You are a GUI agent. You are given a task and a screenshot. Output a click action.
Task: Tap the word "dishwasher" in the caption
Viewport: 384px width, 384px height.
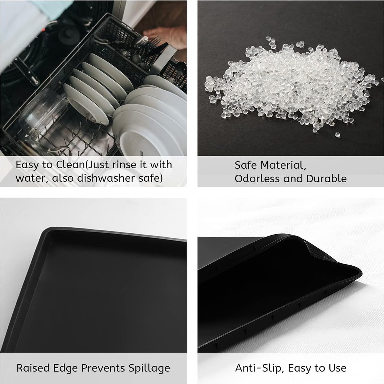(106, 178)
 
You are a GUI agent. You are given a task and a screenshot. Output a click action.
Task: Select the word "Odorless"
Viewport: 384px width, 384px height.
(258, 179)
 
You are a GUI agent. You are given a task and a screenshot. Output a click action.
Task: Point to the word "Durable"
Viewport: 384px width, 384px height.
(326, 179)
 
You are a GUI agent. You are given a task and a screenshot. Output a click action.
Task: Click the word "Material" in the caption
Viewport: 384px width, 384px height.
(283, 165)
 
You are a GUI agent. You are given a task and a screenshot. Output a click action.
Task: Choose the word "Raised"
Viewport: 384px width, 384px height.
(33, 368)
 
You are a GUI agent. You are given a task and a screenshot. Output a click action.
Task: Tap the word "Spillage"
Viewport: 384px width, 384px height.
(149, 368)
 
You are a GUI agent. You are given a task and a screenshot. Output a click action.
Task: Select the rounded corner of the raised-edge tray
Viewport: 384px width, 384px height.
(48, 232)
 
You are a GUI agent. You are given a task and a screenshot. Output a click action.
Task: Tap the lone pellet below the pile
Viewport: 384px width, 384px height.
(337, 134)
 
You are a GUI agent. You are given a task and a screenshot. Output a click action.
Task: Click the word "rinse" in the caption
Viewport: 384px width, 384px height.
(124, 164)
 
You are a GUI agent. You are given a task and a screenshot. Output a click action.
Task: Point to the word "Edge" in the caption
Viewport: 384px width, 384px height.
(65, 368)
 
